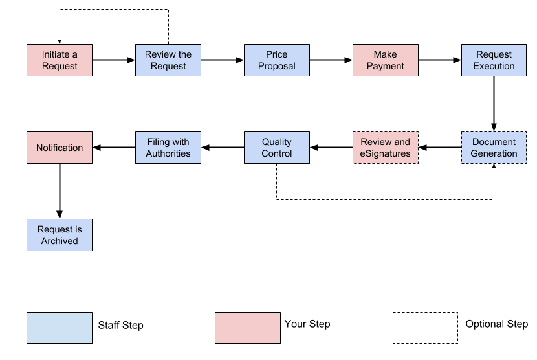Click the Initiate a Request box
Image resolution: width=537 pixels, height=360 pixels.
60,60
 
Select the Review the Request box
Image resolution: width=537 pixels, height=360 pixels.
168,60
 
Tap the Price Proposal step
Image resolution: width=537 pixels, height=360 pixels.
277,60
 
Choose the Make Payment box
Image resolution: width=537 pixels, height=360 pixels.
386,60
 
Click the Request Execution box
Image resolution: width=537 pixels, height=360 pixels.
494,60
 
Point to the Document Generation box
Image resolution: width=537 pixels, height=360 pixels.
494,148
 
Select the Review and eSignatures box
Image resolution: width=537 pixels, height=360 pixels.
386,148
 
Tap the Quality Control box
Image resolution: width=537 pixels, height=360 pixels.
277,148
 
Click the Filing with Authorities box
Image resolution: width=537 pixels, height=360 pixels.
168,148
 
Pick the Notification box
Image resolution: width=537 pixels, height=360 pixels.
60,148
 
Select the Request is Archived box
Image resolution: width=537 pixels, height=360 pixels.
60,234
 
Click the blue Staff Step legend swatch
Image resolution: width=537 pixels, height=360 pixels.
60,328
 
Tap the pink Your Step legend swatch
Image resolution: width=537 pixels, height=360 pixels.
248,328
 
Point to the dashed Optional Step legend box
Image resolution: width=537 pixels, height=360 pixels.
425,328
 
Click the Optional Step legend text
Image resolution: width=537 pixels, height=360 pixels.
496,324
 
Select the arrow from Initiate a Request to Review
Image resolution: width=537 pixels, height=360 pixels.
114,60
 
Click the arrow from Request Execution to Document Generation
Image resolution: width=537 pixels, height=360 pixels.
494,104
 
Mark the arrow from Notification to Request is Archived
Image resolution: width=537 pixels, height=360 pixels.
60,191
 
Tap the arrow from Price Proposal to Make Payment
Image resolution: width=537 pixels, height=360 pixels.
331,60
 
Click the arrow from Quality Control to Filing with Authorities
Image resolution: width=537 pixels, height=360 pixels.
223,148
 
